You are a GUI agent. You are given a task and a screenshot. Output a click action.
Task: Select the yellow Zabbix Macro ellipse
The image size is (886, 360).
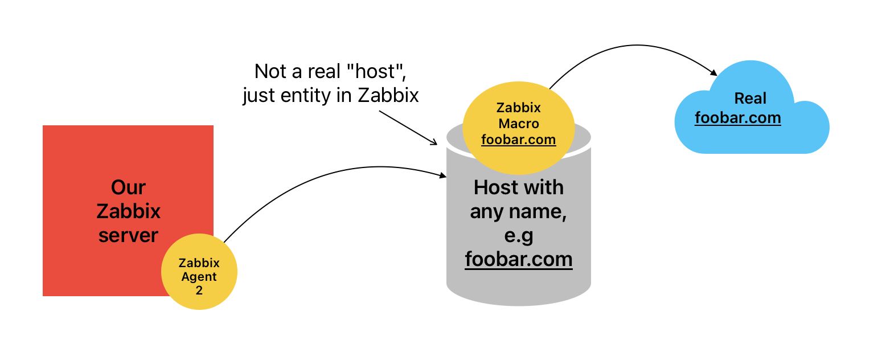click(x=518, y=131)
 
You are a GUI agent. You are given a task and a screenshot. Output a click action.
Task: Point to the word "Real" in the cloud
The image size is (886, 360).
click(x=750, y=99)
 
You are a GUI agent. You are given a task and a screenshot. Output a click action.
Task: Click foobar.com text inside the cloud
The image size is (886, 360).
click(x=737, y=118)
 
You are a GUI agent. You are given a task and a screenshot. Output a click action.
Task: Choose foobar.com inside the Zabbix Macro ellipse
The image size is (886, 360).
click(x=518, y=140)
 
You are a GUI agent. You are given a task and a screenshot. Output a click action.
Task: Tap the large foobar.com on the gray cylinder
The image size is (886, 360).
click(x=518, y=259)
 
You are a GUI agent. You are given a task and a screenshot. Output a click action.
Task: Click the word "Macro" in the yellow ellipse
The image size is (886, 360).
click(x=518, y=124)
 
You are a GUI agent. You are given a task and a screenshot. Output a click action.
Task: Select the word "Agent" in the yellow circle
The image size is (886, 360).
click(x=199, y=277)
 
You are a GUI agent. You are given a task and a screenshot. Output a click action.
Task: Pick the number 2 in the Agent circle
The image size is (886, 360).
click(x=199, y=291)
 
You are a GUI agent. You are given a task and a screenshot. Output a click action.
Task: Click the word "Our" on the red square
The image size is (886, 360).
click(x=128, y=187)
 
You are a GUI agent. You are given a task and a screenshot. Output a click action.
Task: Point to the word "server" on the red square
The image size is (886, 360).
click(x=128, y=235)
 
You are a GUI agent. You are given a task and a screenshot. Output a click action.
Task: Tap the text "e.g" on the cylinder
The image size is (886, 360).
click(x=518, y=235)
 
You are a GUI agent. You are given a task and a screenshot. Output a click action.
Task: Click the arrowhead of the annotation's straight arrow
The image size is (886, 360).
click(x=433, y=142)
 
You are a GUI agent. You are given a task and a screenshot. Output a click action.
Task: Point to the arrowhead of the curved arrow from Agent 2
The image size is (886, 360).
click(x=443, y=176)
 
